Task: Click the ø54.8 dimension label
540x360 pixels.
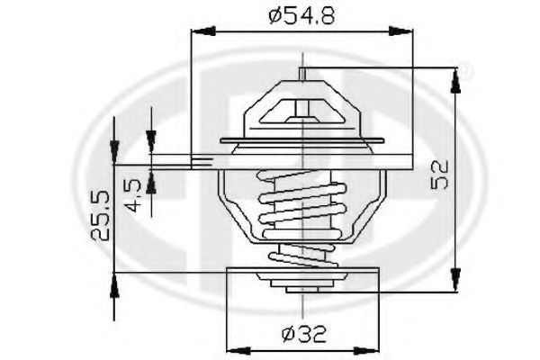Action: pos(301,16)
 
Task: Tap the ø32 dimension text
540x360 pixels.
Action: pos(303,334)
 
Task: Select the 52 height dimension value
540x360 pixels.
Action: pos(440,174)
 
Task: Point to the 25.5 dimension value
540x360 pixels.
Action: pos(100,214)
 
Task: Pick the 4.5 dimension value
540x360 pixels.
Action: pos(133,195)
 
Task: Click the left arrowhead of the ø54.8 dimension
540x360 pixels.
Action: pos(203,31)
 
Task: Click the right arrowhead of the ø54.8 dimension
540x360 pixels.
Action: pos(400,31)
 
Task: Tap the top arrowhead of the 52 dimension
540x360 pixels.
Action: pos(455,81)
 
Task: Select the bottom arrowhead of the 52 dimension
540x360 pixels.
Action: pos(455,280)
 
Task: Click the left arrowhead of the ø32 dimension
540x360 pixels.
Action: pos(239,351)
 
